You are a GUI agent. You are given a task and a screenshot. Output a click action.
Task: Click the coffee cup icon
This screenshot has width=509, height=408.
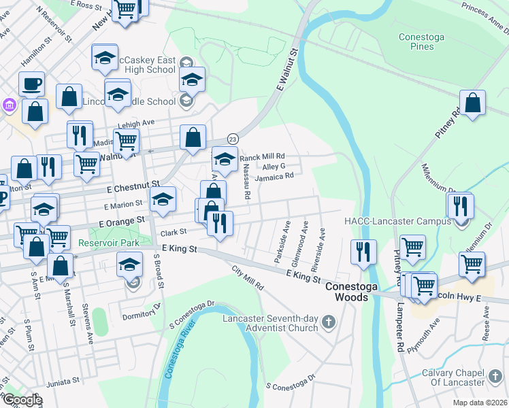31,84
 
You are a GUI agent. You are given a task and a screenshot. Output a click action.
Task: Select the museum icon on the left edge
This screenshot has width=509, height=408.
8,105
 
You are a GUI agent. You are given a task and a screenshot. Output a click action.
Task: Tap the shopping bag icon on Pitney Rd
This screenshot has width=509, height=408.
473,103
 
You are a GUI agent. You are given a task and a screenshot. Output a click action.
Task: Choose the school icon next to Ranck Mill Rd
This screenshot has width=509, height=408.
225,160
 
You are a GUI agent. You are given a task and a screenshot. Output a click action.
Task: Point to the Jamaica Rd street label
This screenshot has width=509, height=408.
274,176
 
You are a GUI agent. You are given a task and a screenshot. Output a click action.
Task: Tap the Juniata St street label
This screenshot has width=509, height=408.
63,381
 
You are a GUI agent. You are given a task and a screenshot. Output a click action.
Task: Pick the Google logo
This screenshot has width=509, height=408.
22,400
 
